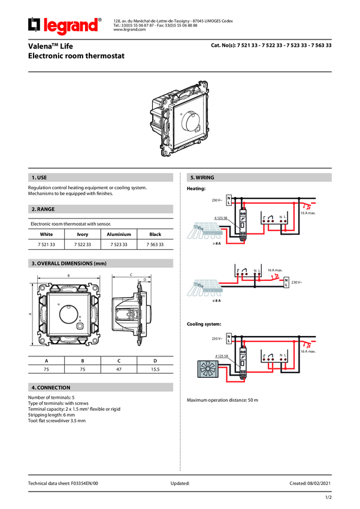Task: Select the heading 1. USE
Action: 38,178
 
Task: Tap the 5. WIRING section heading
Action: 202,178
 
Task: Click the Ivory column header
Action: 83,234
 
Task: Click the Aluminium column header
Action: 119,234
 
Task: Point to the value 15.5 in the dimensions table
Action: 155,369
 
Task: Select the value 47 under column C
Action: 119,369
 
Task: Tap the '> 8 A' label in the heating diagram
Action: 199,244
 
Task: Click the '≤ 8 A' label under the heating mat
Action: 199,301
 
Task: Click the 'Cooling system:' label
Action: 204,324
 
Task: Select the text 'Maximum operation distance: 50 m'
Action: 222,399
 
